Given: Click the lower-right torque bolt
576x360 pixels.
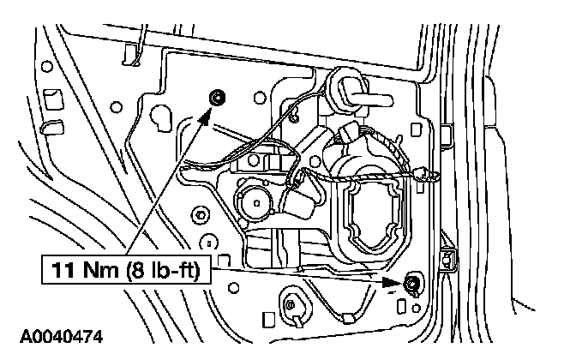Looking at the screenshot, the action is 412,282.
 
